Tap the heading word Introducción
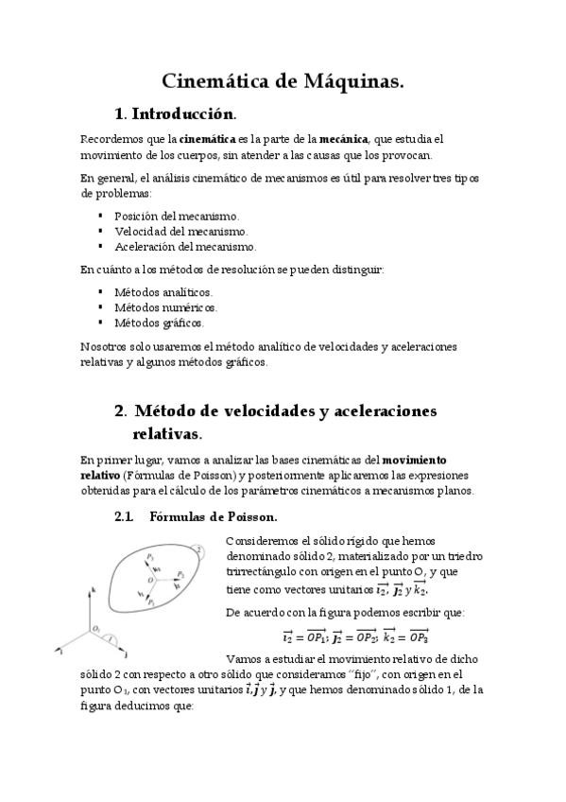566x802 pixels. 182,114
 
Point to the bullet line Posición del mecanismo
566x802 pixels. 176,216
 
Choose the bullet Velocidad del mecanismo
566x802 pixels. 180,231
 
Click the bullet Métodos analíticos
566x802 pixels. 163,292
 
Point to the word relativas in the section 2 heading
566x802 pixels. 166,434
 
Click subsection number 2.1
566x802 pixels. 124,517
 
